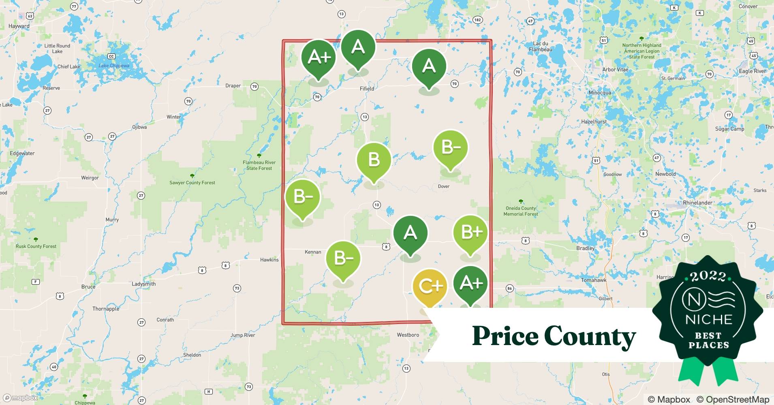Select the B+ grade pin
[470, 232]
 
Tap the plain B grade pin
[374, 160]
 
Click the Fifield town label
[367, 88]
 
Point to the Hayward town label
[19, 26]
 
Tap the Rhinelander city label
[697, 202]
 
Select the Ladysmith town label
[143, 284]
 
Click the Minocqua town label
[599, 93]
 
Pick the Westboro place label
[408, 335]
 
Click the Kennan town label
[312, 252]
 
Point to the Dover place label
[443, 186]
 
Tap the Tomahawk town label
[594, 280]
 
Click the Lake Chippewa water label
[114, 66]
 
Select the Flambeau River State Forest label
[259, 165]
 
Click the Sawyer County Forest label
[192, 183]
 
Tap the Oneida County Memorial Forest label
[520, 211]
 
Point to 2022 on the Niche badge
[708, 277]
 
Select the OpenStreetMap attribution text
[733, 399]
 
